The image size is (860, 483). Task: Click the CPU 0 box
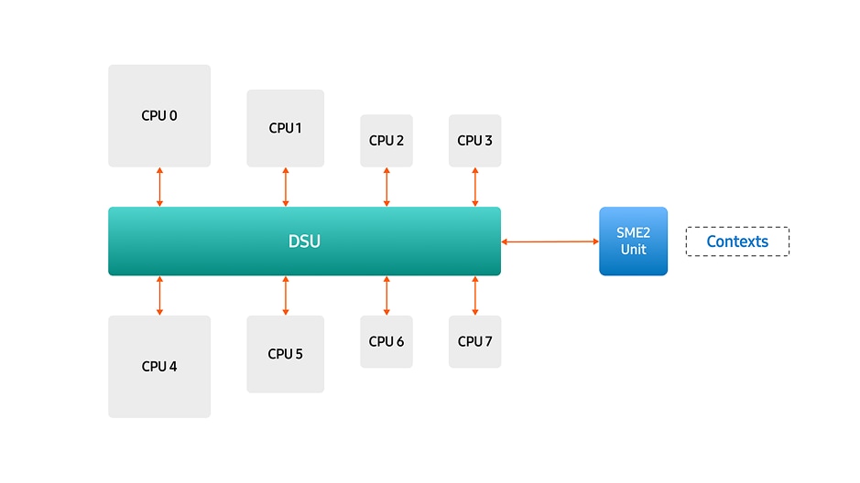(159, 116)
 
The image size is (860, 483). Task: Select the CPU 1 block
(285, 128)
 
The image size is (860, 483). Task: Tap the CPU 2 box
(386, 141)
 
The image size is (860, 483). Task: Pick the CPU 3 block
(474, 141)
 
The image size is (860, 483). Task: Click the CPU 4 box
(159, 366)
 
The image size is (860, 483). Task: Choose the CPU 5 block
(285, 354)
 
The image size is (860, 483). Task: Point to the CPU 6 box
(386, 341)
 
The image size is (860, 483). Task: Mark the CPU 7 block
(474, 341)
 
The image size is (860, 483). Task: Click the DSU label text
(304, 241)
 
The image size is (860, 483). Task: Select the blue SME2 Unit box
(633, 241)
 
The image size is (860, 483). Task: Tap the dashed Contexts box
(737, 241)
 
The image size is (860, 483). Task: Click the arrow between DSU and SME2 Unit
(550, 241)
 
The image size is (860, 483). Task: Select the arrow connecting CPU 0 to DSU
(159, 187)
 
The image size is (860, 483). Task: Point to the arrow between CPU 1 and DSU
(285, 187)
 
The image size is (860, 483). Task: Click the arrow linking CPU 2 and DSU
(386, 187)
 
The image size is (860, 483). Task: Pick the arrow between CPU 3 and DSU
(474, 187)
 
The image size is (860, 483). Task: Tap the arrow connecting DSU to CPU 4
(159, 295)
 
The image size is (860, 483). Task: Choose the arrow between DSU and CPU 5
(285, 295)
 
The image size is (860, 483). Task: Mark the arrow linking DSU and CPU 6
(386, 295)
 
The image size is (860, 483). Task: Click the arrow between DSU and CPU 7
(474, 295)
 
